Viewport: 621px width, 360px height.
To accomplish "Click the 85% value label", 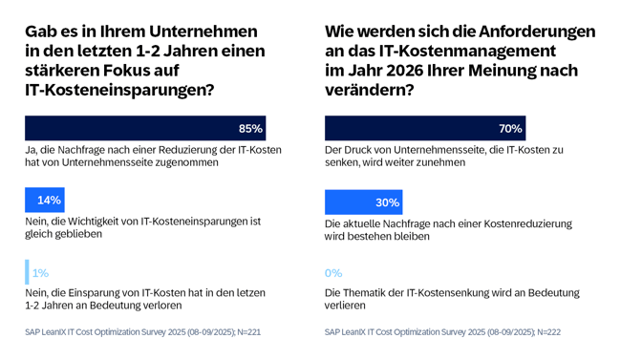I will [x=250, y=129].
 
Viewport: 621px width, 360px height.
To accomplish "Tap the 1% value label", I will [x=40, y=273].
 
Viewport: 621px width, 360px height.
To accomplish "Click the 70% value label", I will [x=509, y=129].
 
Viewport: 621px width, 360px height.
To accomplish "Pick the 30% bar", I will [x=363, y=202].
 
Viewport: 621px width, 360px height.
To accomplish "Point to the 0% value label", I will [x=333, y=273].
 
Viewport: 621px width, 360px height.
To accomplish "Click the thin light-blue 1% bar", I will [x=27, y=272].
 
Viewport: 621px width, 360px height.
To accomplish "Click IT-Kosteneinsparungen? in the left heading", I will [x=118, y=90].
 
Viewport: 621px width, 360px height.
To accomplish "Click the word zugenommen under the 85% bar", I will [x=185, y=162].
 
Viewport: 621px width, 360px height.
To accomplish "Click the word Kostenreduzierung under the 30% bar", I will [x=525, y=223].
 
